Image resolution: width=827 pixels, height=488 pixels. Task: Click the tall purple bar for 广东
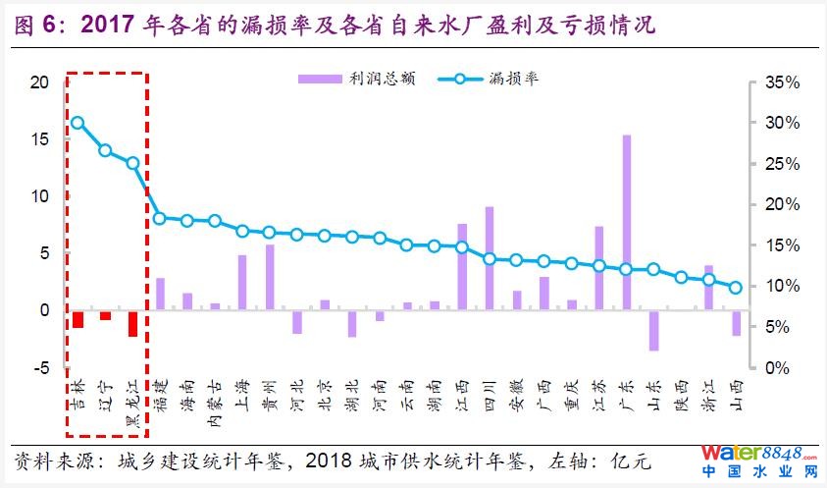tap(626, 222)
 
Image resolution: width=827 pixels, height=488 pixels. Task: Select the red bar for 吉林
tap(78, 319)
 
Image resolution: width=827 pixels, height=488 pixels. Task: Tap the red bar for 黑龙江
tap(132, 323)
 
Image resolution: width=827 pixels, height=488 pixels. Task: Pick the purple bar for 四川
tap(489, 258)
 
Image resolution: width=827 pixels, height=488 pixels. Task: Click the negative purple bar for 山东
tap(653, 330)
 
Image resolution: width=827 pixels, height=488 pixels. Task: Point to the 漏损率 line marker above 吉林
tap(78, 123)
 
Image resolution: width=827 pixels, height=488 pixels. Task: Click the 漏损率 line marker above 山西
tap(736, 288)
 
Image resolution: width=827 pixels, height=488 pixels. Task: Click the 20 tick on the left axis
tap(38, 82)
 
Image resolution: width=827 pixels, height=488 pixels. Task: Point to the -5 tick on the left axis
tap(38, 368)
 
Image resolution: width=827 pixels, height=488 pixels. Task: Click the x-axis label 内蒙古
tap(214, 406)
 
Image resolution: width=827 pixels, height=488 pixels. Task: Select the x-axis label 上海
tap(241, 399)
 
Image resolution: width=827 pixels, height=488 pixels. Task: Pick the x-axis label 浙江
tap(708, 399)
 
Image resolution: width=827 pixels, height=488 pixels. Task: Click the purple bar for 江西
tap(461, 266)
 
